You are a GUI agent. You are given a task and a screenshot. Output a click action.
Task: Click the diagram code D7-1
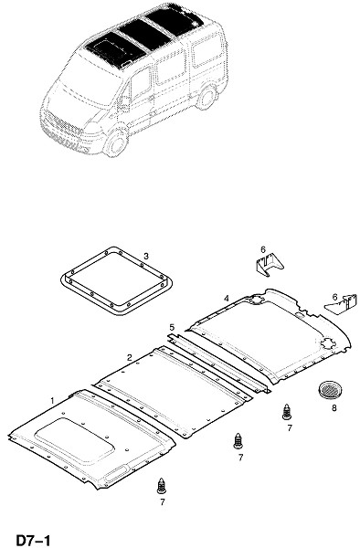[x=34, y=540]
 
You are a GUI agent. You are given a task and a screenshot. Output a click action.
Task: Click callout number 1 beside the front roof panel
[x=53, y=400]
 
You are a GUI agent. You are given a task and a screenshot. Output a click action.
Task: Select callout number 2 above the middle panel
[x=130, y=357]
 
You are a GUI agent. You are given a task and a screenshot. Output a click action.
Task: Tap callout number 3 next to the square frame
[x=146, y=256]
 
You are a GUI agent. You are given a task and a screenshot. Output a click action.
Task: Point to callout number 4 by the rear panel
[x=227, y=298]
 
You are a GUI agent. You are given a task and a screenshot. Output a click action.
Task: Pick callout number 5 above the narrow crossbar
[x=172, y=328]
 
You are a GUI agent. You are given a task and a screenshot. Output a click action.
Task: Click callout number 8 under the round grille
[x=334, y=407]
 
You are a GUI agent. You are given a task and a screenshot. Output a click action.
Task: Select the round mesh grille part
[x=330, y=389]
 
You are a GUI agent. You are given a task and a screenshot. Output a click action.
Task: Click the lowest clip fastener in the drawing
[x=162, y=486]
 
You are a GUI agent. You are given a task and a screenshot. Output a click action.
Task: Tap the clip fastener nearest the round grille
[x=287, y=412]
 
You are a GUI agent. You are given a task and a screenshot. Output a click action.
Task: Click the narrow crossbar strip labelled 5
[x=218, y=364]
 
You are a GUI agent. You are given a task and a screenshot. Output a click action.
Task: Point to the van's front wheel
[x=115, y=143]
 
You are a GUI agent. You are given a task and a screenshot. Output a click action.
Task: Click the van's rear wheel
[x=206, y=97]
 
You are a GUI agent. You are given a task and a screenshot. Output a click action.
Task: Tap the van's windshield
[x=86, y=81]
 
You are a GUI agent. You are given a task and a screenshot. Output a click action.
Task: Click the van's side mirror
[x=123, y=103]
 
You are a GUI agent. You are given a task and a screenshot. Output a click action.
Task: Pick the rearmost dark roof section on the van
[x=174, y=18]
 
